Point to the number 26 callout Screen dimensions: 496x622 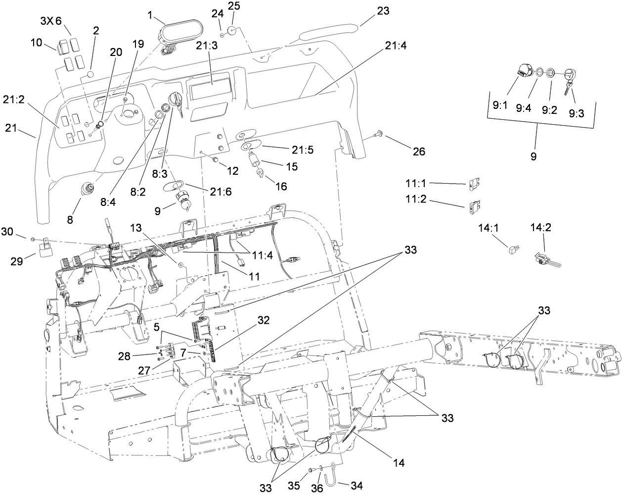coord(418,151)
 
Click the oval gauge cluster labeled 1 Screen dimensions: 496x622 coord(175,36)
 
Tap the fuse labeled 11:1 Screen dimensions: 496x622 coord(472,185)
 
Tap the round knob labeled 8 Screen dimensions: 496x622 coord(89,190)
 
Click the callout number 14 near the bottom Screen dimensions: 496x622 coord(399,463)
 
